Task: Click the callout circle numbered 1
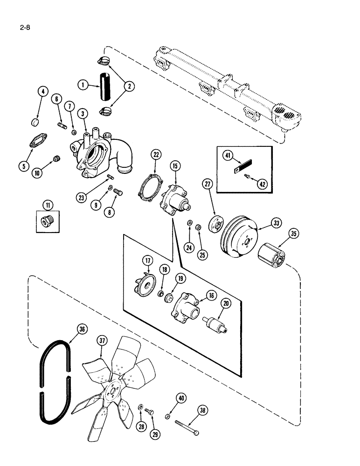point(82,85)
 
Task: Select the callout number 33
point(277,224)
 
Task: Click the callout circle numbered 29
point(155,434)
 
